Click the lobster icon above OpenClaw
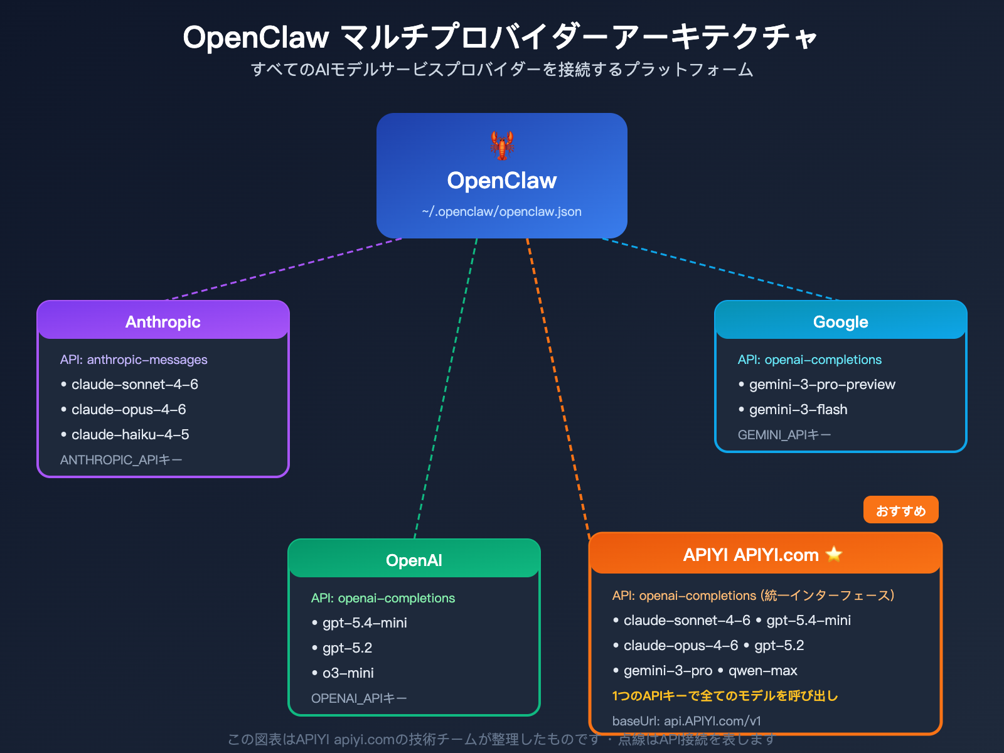502,146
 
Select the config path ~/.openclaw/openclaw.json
502,212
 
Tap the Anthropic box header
163,321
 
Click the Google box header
841,321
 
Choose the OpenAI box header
414,560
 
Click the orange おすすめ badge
900,510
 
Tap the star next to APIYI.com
834,554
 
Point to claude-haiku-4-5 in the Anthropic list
130,434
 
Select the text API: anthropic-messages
134,360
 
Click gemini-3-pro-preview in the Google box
822,384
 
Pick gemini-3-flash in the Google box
798,409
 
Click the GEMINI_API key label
784,435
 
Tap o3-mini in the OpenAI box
348,673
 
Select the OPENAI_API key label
359,698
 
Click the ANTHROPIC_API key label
121,460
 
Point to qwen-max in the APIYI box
762,670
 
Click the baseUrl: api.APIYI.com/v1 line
686,721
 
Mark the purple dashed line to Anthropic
282,269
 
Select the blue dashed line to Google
722,269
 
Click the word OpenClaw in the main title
256,38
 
